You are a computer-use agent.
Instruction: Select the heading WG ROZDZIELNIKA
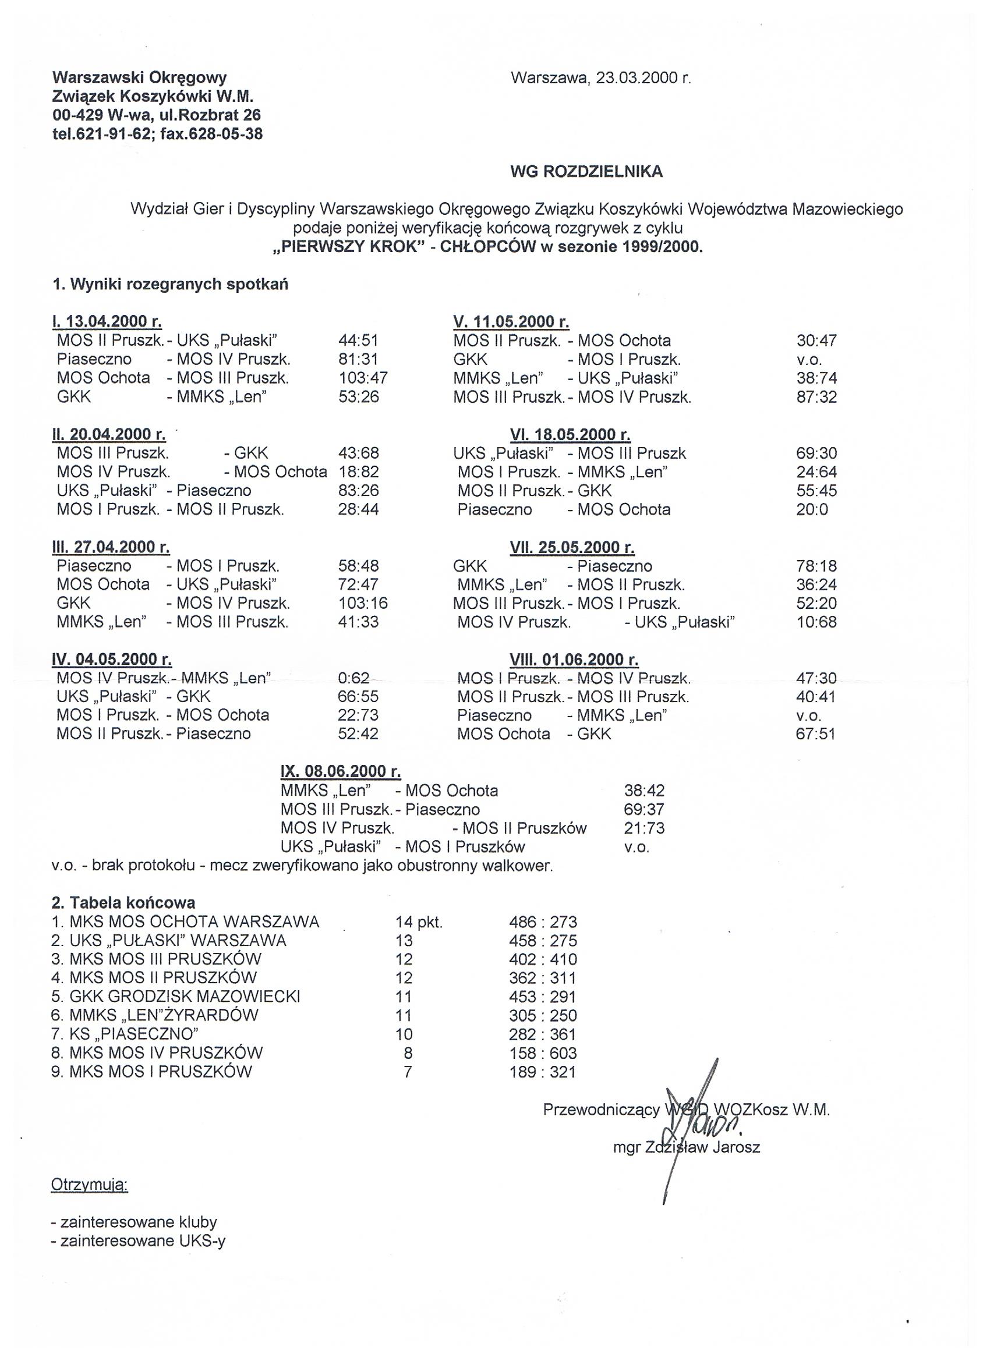(586, 172)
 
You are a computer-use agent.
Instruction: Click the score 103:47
(363, 378)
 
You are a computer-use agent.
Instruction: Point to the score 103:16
(363, 603)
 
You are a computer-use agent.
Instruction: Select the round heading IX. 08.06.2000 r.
(341, 771)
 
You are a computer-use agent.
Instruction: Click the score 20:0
(812, 509)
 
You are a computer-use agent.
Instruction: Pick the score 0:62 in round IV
(353, 678)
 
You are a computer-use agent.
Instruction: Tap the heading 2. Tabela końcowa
(123, 902)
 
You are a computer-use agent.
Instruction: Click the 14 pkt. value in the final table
(419, 921)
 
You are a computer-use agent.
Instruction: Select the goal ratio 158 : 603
(542, 1053)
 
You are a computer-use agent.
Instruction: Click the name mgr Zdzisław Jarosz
(686, 1148)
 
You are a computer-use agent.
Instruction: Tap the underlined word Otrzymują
(90, 1185)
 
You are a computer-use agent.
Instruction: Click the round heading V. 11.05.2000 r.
(511, 322)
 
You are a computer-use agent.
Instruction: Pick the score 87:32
(816, 396)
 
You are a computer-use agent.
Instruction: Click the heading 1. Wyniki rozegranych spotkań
(171, 285)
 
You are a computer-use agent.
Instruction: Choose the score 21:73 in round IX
(644, 828)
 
